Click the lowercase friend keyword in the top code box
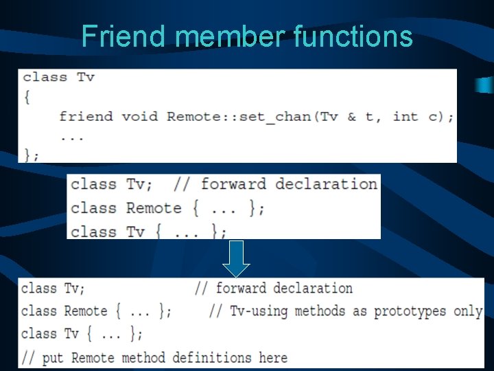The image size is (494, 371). [x=86, y=116]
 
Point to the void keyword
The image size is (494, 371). [x=139, y=116]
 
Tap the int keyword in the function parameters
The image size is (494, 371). [x=405, y=116]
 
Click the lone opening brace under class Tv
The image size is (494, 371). [x=27, y=97]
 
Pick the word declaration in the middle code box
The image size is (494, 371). [x=327, y=184]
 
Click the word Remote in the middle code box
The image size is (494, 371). [x=154, y=207]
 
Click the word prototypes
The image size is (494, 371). [x=410, y=311]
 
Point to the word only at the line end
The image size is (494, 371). [x=468, y=311]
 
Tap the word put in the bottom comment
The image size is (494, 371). [x=52, y=357]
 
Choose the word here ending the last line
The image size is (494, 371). [x=273, y=357]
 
